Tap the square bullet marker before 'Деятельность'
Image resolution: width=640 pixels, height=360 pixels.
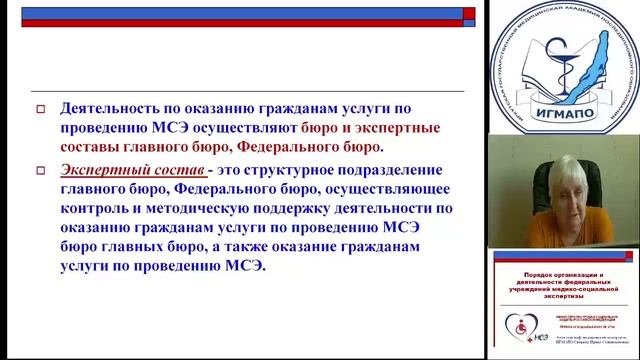41,109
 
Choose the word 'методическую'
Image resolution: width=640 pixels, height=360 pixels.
210,209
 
